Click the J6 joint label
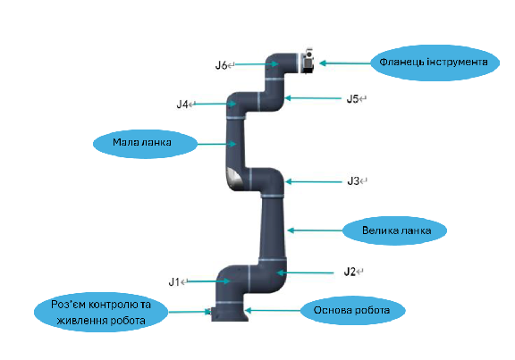coord(221,65)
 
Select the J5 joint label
coord(352,99)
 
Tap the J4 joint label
coord(182,105)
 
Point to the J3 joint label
coord(353,181)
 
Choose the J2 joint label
coord(350,272)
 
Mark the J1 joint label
coord(174,281)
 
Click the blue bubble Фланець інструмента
coord(435,63)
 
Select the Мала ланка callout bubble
coord(145,144)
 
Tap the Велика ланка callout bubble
coord(394,230)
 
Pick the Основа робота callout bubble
coord(353,311)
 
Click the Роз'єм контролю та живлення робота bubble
coord(101,312)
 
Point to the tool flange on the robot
coord(308,62)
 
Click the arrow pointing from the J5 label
coord(313,97)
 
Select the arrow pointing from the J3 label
coord(313,181)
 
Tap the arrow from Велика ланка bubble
coord(315,230)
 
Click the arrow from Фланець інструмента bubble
coord(345,63)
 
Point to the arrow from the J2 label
coord(305,272)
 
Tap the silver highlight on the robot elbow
coord(235,179)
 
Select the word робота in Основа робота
coord(374,311)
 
